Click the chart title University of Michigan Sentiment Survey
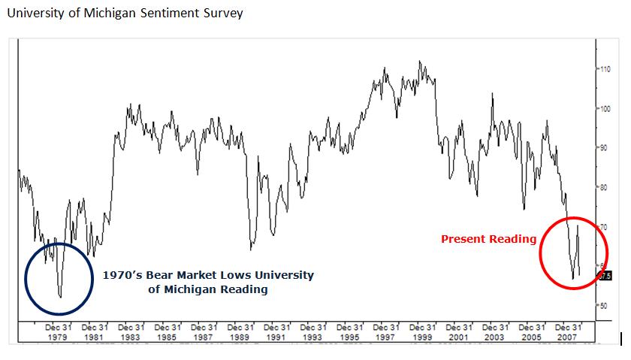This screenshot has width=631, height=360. [125, 14]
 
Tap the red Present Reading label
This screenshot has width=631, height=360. [488, 239]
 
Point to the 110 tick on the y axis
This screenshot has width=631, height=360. [605, 68]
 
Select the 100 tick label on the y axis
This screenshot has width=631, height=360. [605, 108]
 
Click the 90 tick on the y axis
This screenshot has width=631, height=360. [605, 147]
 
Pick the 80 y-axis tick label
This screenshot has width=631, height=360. [605, 187]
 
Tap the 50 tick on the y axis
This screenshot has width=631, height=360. [605, 305]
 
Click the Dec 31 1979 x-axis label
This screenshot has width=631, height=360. [59, 332]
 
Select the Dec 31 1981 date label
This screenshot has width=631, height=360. [95, 332]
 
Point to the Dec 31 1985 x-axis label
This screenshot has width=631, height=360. [168, 332]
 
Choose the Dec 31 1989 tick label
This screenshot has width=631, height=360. [240, 332]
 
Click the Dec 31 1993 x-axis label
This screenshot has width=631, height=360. [313, 332]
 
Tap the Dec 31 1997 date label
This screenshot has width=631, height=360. [386, 332]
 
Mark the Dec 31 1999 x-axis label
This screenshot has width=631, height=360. [422, 332]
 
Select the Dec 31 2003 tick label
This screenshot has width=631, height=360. [495, 332]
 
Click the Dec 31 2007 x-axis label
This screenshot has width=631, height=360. [568, 332]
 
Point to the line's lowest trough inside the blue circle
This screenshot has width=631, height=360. [60, 297]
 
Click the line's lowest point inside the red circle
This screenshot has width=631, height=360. [572, 279]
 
